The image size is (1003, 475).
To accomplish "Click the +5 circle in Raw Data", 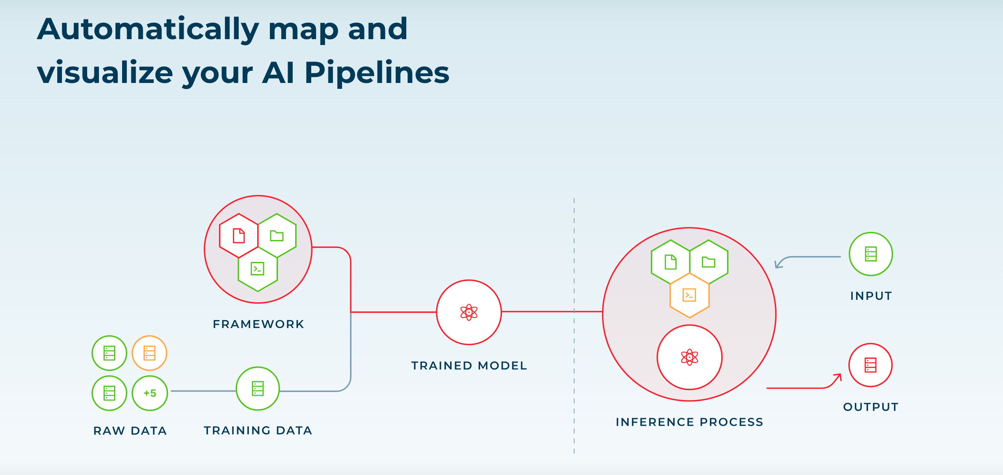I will (150, 393).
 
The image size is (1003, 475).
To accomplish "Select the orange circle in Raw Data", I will (149, 353).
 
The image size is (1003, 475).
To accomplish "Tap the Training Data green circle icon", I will (258, 388).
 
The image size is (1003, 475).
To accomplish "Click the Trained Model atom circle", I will (469, 312).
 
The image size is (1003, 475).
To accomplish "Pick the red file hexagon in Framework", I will (239, 236).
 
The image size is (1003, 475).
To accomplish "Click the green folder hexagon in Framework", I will (277, 236).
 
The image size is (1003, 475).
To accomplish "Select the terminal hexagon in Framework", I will (258, 269).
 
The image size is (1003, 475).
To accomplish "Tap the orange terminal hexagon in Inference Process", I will (689, 295).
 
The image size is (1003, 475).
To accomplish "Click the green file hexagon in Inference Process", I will (670, 262).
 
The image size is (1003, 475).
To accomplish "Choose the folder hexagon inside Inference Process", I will (709, 262).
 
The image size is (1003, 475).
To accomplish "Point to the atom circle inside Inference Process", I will (689, 357).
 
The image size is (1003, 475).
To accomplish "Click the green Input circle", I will (870, 254).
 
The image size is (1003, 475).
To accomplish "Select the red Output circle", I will (870, 365).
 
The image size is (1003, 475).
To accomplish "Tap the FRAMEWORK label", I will (258, 324).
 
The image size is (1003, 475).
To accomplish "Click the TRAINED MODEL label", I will (469, 366).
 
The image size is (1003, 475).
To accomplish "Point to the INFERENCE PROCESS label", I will (689, 422).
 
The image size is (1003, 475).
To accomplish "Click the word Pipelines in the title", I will (376, 73).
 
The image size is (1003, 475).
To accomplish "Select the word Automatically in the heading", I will (148, 29).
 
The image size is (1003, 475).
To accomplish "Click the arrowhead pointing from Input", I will (778, 264).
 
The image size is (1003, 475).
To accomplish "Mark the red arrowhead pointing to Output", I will (838, 376).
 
